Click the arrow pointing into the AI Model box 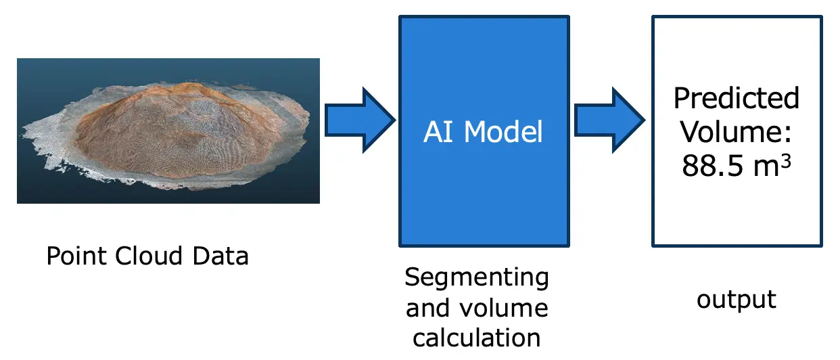tap(360, 120)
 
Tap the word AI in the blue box tap(437, 132)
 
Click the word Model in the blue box tap(503, 132)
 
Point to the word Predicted tap(737, 98)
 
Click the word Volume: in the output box tap(736, 132)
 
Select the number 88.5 tap(712, 166)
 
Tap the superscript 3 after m tap(786, 161)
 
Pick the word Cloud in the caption tap(149, 256)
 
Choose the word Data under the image tap(220, 256)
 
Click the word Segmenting tap(477, 278)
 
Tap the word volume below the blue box tap(504, 308)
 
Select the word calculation tap(477, 338)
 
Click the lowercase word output tap(737, 300)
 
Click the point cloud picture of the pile tap(168, 131)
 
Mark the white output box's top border tap(737, 17)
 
